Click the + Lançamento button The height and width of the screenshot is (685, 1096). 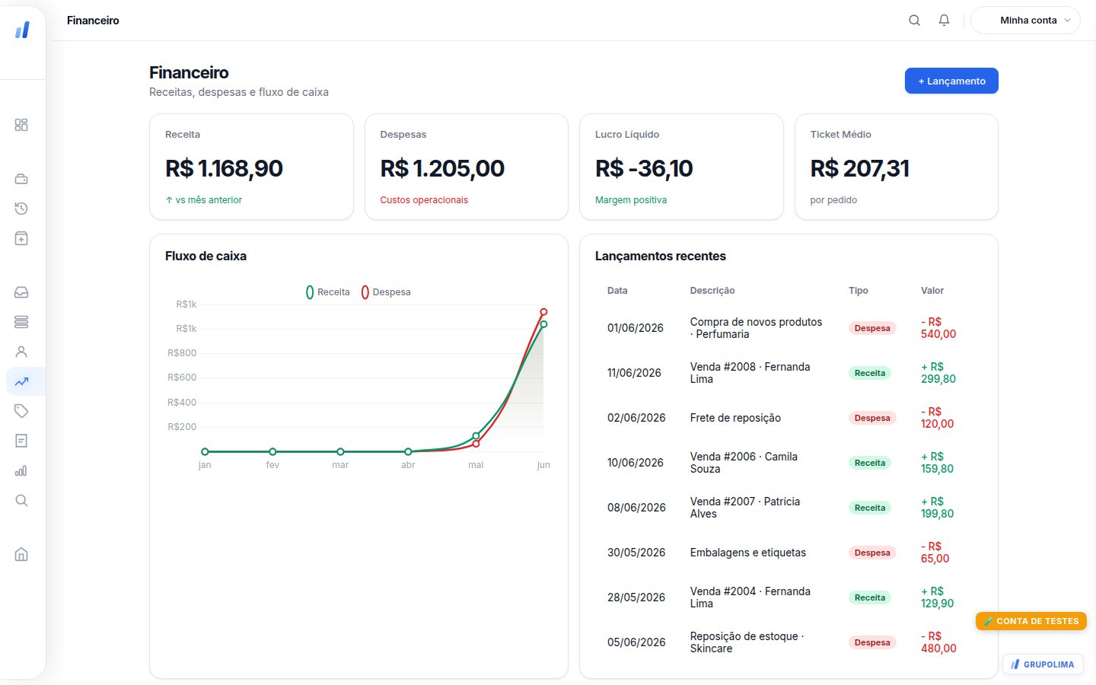click(x=951, y=81)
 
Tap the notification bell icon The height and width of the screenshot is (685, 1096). click(x=944, y=20)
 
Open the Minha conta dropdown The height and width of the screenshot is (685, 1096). click(x=1025, y=20)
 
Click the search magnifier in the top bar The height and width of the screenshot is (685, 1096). click(x=914, y=20)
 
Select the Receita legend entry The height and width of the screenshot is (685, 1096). click(x=328, y=292)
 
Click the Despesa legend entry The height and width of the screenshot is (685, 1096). click(x=386, y=292)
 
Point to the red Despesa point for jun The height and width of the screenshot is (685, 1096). click(x=543, y=312)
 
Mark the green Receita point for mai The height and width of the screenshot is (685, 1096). click(x=476, y=435)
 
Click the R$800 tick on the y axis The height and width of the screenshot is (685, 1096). click(x=181, y=353)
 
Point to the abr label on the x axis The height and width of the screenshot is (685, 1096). click(x=408, y=465)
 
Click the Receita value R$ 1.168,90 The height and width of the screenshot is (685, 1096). click(x=224, y=168)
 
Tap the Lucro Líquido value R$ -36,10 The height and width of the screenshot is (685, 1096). click(x=643, y=168)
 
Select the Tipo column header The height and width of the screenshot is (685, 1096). click(x=859, y=291)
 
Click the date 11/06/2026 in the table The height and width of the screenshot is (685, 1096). click(x=634, y=373)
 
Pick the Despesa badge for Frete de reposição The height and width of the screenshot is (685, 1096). click(x=872, y=418)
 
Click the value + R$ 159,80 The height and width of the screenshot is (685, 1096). click(x=937, y=463)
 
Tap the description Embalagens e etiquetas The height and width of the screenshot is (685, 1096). click(x=747, y=553)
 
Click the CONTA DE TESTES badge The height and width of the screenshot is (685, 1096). click(x=1031, y=621)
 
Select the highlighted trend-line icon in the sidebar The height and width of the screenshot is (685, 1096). click(x=21, y=381)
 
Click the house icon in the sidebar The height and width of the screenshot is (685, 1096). click(x=21, y=554)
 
